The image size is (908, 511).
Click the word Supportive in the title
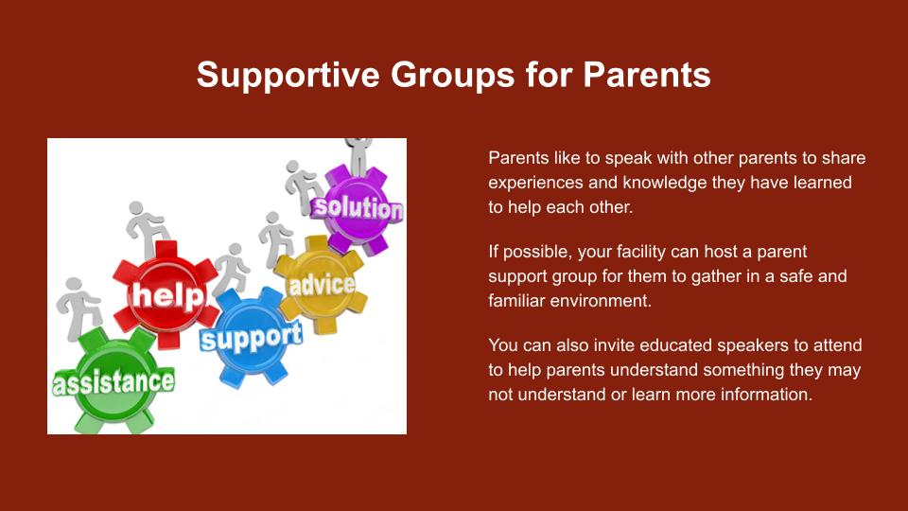288,75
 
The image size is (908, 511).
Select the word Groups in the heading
452,75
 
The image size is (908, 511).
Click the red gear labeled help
165,295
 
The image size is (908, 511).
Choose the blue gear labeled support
251,336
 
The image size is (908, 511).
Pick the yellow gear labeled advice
321,284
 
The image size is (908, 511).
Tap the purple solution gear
357,208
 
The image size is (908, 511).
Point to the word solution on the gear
357,208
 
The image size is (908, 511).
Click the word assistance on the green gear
113,381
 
